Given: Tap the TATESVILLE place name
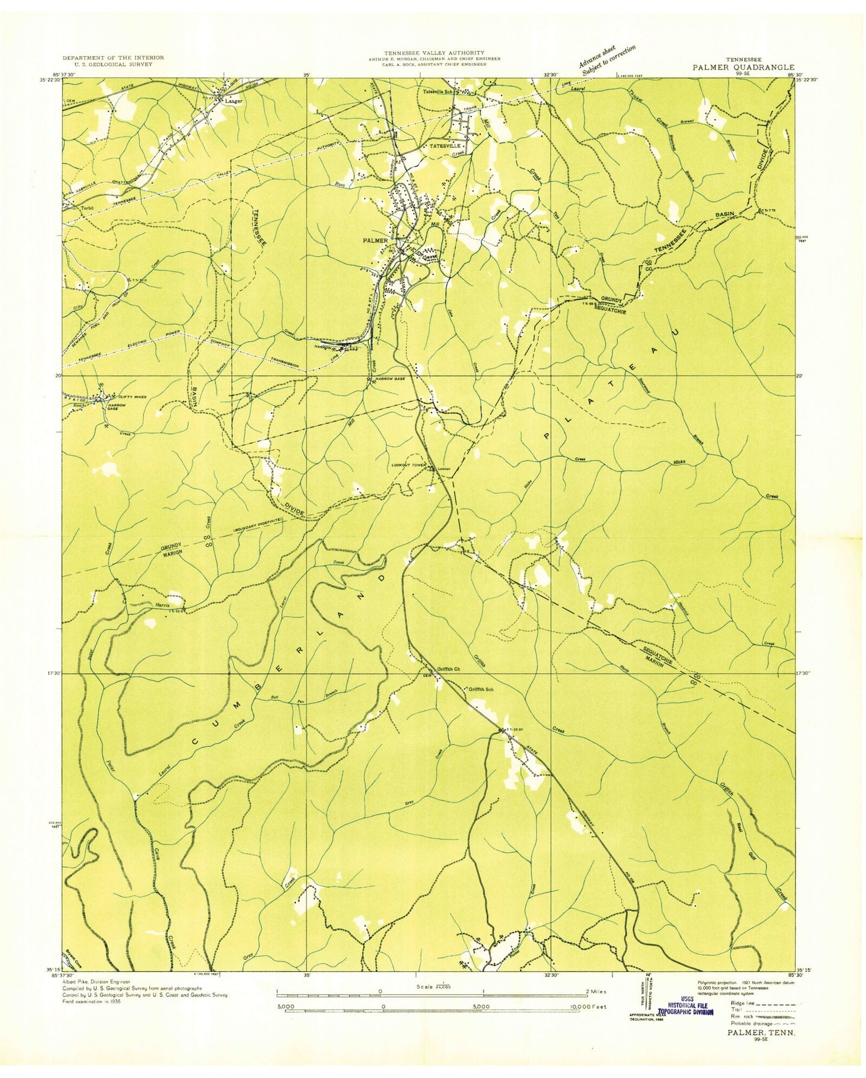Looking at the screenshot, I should coord(442,146).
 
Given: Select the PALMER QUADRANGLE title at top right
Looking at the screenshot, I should coord(744,68).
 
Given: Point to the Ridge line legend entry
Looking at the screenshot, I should coord(743,1002).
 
